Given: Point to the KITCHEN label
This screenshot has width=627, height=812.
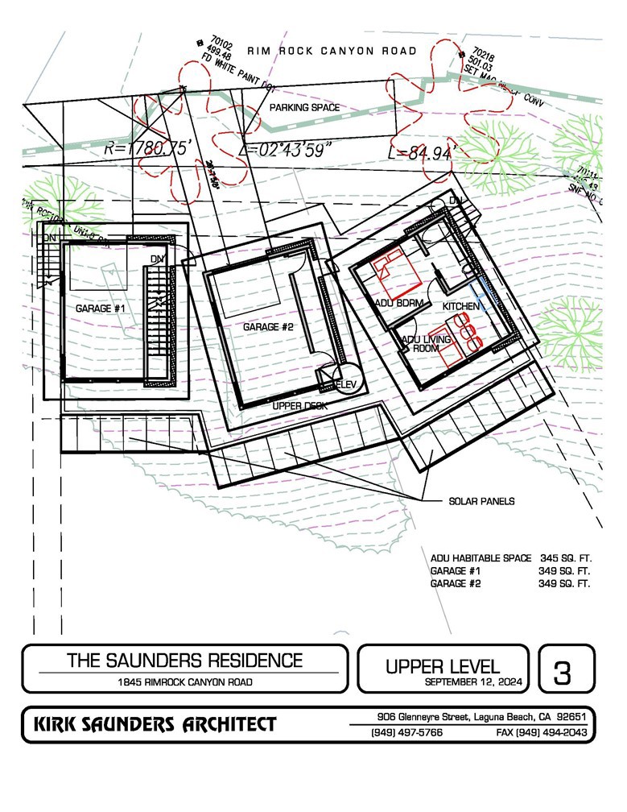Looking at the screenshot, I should pos(461,308).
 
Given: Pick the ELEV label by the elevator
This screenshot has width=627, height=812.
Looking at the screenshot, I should pos(346,385).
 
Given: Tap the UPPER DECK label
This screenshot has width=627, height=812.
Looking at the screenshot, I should pos(299,406).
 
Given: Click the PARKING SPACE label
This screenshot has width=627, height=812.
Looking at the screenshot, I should pos(304,107).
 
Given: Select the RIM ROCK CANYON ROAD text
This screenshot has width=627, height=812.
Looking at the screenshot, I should pos(332,52).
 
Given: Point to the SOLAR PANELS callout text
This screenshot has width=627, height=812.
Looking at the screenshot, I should pos(482,501).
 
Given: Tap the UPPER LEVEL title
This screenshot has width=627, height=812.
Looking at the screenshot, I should pos(443,666).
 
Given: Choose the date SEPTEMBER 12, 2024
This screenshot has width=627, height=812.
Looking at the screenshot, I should pos(474,682).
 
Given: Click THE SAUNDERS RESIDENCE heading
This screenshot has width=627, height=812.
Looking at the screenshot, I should pos(184,661).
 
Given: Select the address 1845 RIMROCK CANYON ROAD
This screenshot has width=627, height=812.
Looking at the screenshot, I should pos(184,682).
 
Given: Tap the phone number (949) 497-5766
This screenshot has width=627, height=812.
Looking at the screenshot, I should pos(406,733).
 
